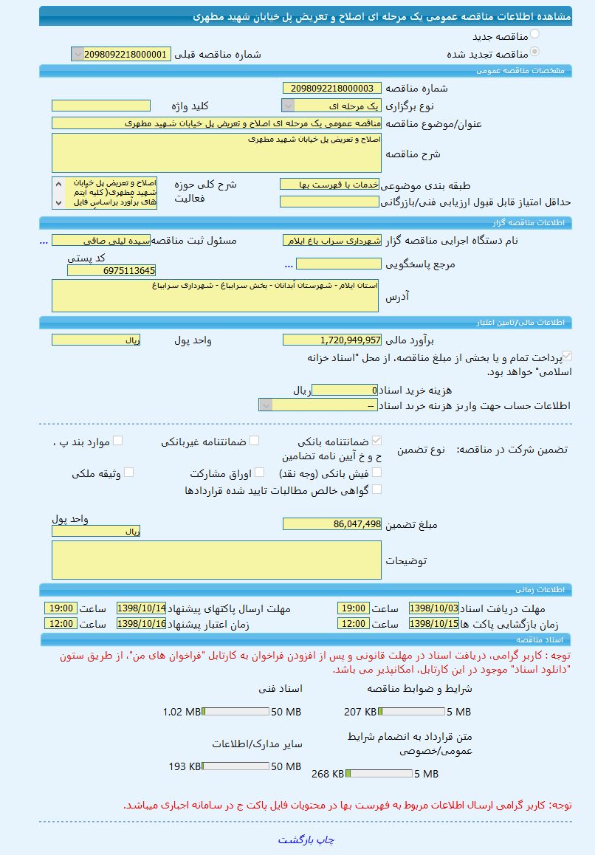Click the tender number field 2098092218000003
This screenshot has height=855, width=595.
[332, 89]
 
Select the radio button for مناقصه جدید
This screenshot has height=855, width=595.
[534, 34]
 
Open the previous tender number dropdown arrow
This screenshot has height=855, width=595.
[78, 54]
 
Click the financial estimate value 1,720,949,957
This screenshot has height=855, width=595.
[332, 340]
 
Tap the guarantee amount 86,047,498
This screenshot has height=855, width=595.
[332, 524]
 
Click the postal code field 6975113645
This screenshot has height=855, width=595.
[111, 271]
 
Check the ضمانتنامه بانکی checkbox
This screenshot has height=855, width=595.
[377, 441]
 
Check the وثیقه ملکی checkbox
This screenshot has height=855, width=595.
[128, 473]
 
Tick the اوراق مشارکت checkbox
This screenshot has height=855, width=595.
[247, 473]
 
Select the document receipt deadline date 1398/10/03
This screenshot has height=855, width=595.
[433, 608]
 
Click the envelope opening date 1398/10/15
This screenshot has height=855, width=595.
[433, 624]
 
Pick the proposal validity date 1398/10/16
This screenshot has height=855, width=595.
[141, 624]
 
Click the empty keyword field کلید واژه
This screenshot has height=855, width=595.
[100, 106]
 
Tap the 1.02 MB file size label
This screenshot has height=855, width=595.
[182, 712]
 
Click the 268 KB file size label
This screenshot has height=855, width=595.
[329, 774]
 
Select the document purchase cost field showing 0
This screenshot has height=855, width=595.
[345, 391]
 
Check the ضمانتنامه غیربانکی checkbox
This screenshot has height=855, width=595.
[254, 441]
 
